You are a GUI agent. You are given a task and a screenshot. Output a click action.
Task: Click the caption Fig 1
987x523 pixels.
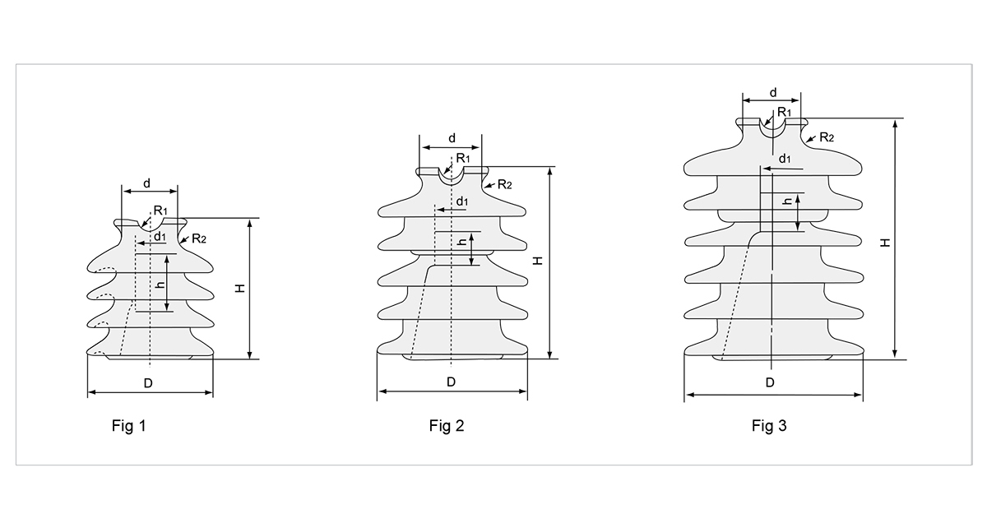pyautogui.click(x=128, y=426)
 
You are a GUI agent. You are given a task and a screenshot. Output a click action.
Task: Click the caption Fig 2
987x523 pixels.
pyautogui.click(x=447, y=426)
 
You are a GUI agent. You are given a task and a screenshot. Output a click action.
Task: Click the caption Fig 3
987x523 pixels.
pyautogui.click(x=769, y=426)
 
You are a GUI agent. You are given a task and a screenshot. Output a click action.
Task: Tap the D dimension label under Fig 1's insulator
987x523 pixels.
pyautogui.click(x=148, y=383)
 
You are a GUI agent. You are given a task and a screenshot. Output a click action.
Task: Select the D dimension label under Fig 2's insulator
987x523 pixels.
pyautogui.click(x=451, y=382)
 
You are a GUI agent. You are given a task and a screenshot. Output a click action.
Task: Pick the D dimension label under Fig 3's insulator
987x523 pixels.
pyautogui.click(x=770, y=382)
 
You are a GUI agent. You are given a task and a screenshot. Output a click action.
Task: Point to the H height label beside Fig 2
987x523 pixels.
pyautogui.click(x=537, y=260)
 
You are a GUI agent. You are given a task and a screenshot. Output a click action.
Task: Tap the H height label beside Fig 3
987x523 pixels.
pyautogui.click(x=884, y=243)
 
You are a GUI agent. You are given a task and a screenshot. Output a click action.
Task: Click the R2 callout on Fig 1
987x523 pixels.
pyautogui.click(x=198, y=238)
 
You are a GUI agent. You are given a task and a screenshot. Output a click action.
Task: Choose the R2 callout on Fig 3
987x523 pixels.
pyautogui.click(x=825, y=137)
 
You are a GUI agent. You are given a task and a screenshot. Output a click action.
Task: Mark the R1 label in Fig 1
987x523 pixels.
pyautogui.click(x=160, y=211)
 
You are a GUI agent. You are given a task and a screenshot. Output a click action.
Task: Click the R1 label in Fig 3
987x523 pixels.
pyautogui.click(x=784, y=112)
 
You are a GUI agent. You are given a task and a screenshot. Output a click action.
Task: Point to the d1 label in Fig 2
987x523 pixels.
pyautogui.click(x=462, y=201)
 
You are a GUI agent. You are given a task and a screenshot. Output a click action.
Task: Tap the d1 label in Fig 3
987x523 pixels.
pyautogui.click(x=785, y=158)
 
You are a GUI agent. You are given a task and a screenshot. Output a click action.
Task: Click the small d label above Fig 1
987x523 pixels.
pyautogui.click(x=147, y=183)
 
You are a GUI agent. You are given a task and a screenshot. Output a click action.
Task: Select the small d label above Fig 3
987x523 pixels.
pyautogui.click(x=772, y=92)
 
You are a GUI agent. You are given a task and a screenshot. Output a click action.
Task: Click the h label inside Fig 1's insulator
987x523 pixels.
pyautogui.click(x=160, y=285)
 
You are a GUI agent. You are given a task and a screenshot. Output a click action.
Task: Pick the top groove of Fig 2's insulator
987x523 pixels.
pyautogui.click(x=451, y=175)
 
